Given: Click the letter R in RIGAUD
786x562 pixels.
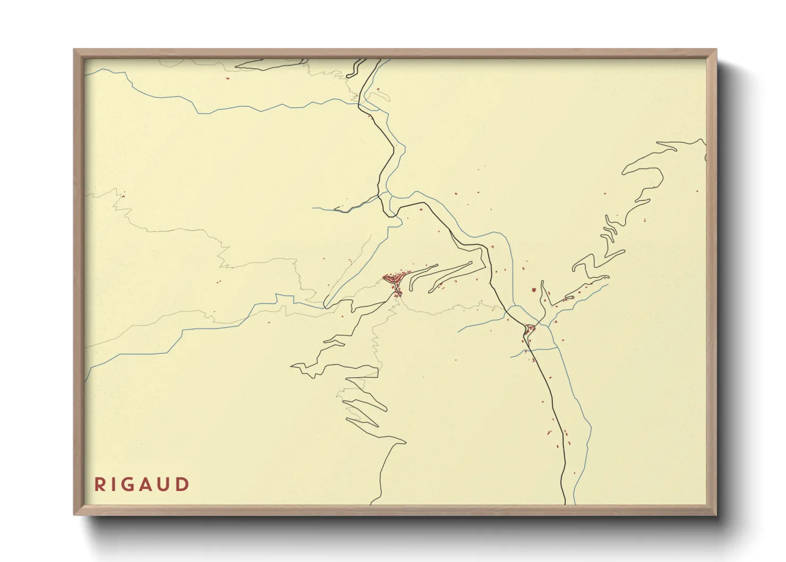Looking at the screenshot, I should (x=99, y=484).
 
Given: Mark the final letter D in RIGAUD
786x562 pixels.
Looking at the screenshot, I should (x=183, y=484).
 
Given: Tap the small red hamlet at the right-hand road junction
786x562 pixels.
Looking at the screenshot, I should (x=530, y=328).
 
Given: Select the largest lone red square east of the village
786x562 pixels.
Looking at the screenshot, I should (x=534, y=290).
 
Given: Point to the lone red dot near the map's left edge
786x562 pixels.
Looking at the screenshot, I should (x=123, y=196).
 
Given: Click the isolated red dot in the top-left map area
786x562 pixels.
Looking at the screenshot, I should (x=227, y=79).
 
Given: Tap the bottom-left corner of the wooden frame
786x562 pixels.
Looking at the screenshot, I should (x=75, y=514).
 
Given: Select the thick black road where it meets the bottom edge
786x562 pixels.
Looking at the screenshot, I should (x=565, y=503).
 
